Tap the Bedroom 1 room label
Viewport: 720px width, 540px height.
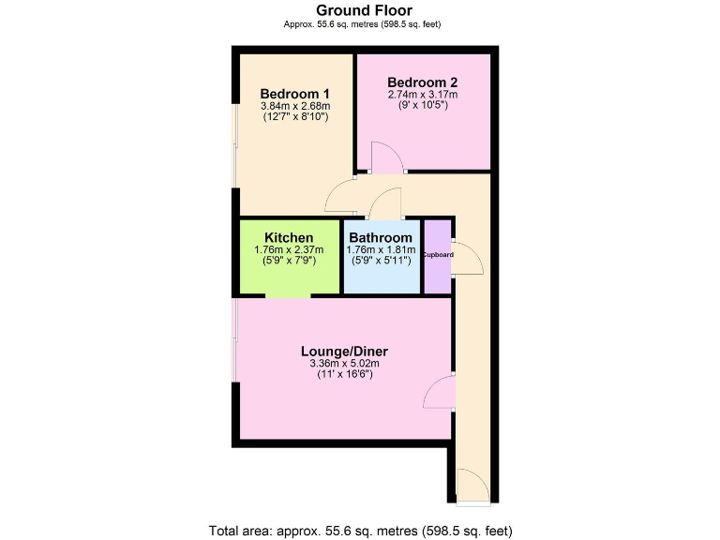(294, 94)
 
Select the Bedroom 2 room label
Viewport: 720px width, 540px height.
(422, 81)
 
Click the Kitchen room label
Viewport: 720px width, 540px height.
(289, 237)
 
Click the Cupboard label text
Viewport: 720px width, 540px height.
(438, 255)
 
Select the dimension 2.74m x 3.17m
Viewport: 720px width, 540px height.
(422, 94)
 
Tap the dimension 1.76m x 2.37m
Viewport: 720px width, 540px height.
(289, 249)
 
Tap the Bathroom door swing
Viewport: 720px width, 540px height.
(386, 203)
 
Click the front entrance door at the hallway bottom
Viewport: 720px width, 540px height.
(472, 487)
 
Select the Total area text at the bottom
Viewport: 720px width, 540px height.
(361, 530)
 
